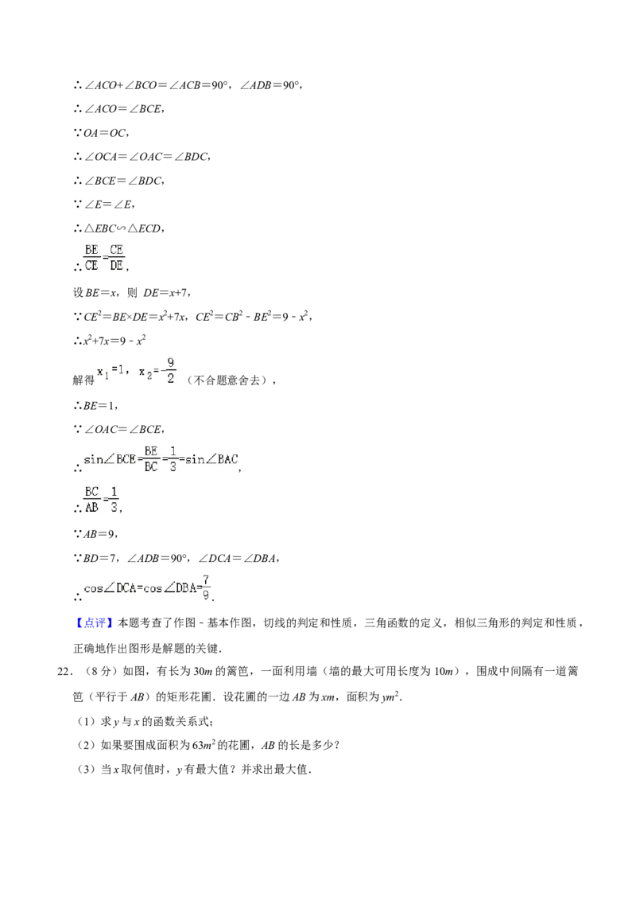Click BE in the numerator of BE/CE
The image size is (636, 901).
pos(91,250)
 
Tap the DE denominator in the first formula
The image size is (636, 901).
pos(117,266)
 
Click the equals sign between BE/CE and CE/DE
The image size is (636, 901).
pos(104,258)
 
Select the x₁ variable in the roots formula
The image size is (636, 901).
pos(103,372)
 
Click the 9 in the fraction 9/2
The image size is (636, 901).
pos(170,363)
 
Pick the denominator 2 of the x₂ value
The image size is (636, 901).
pos(170,380)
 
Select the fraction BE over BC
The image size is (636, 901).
pos(151,458)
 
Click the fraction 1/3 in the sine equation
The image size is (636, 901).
pos(173,458)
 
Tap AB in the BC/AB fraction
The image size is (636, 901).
pos(91,509)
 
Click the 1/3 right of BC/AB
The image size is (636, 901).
pos(114,501)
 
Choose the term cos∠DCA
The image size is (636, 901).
pos(109,589)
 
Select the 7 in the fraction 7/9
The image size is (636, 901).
pos(206,579)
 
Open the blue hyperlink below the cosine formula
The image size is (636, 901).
pos(95,623)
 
